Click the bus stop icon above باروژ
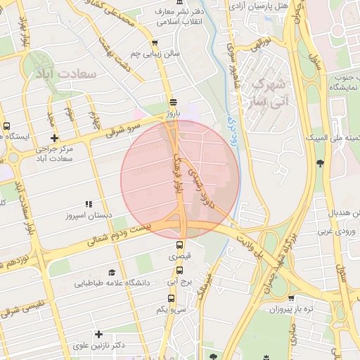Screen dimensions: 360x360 [173, 101]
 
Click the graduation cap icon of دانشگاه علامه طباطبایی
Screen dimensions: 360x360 [112, 271]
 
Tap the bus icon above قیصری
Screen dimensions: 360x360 [179, 245]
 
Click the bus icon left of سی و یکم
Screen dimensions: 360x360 [161, 298]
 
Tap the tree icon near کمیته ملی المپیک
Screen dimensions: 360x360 [320, 164]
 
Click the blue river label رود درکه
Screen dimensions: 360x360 [233, 118]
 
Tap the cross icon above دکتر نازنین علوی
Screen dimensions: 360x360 [98, 334]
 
